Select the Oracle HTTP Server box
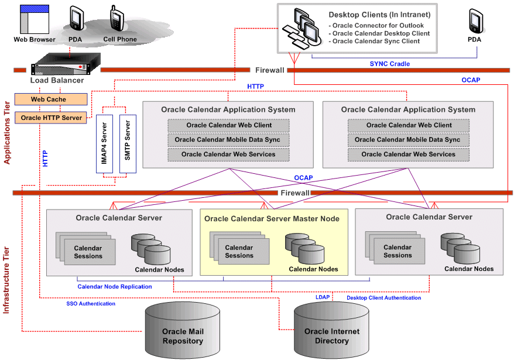(50, 118)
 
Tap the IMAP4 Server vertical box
(104, 143)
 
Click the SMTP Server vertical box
(128, 143)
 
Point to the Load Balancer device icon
(59, 63)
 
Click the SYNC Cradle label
(389, 63)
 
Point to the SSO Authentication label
(91, 304)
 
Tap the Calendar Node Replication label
(115, 286)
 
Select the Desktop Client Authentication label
(383, 298)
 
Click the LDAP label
(323, 297)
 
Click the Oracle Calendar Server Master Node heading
(272, 218)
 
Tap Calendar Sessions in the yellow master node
(239, 252)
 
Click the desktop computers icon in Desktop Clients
(301, 29)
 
